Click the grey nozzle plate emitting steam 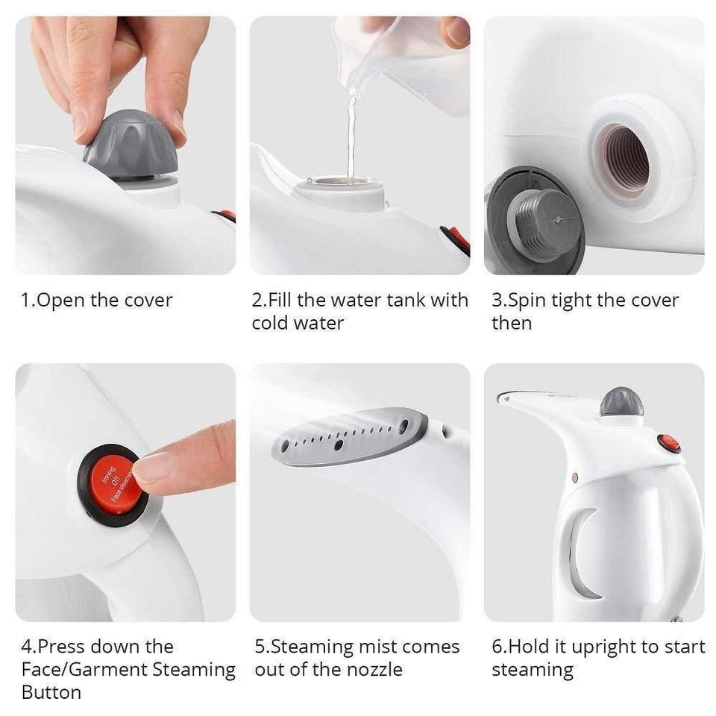click(351, 438)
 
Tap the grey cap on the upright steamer click(621, 403)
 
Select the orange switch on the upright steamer click(668, 444)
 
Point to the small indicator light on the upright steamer click(575, 475)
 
